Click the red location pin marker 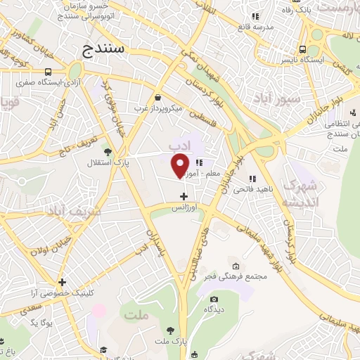coord(181,165)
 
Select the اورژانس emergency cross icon coord(184,196)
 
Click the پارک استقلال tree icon coord(107,151)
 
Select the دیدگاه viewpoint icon coord(208,297)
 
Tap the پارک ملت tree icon coord(171,330)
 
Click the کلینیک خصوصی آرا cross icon coord(63,282)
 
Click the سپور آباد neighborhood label coord(280,99)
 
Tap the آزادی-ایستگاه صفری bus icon coord(48,72)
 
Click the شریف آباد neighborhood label coord(73,211)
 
